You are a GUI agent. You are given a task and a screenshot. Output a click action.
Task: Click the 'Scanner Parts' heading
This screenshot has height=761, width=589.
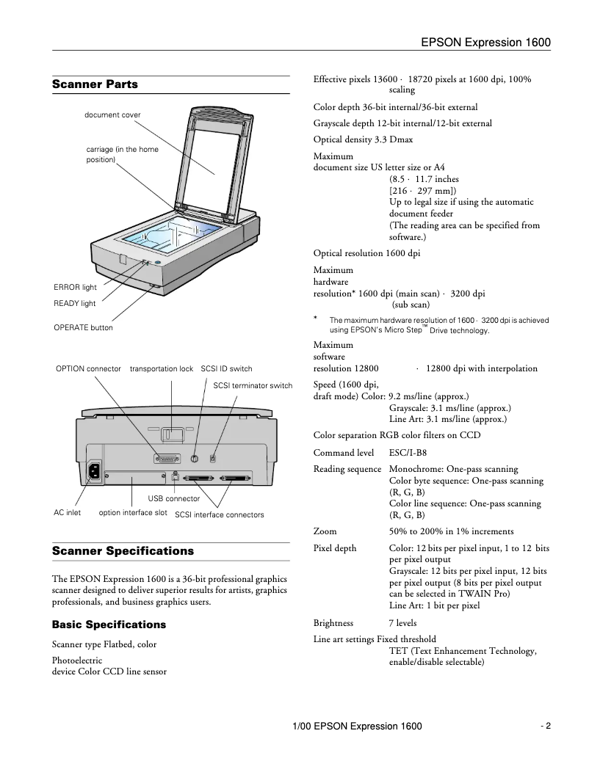coord(95,84)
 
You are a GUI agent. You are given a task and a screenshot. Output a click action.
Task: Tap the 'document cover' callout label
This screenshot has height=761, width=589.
coord(112,115)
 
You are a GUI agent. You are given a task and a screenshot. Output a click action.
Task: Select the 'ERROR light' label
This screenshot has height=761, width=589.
coord(75,288)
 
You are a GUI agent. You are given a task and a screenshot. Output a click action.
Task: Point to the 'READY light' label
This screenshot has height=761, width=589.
coord(75,303)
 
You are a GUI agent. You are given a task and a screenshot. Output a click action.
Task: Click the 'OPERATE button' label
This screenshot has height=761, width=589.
coord(84,327)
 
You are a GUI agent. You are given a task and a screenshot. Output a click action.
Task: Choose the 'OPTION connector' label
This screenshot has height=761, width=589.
coord(88,368)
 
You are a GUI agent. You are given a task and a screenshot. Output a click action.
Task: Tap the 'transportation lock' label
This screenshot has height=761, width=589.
coord(162,368)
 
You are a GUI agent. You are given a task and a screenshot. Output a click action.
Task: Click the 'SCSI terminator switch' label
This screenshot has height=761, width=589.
coord(253,385)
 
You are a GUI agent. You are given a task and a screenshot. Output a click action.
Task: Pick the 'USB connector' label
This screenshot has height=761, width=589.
coord(174,499)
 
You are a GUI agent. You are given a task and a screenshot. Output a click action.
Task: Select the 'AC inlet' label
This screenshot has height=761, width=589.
coord(67,513)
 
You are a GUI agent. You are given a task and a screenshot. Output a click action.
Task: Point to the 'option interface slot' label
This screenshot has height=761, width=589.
coord(133,513)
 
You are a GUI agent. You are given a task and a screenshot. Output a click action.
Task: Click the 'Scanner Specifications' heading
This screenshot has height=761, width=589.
coord(123,550)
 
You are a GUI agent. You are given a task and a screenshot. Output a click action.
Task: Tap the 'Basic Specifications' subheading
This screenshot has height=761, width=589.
coord(109,625)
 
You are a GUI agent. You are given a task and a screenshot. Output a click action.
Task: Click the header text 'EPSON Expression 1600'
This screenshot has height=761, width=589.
coord(486,43)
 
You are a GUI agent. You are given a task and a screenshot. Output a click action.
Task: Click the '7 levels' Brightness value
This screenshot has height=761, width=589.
coord(402,623)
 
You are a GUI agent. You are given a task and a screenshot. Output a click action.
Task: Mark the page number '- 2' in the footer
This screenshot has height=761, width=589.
coord(545,727)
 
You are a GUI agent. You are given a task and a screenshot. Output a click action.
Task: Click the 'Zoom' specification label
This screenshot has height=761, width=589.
coord(325,531)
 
